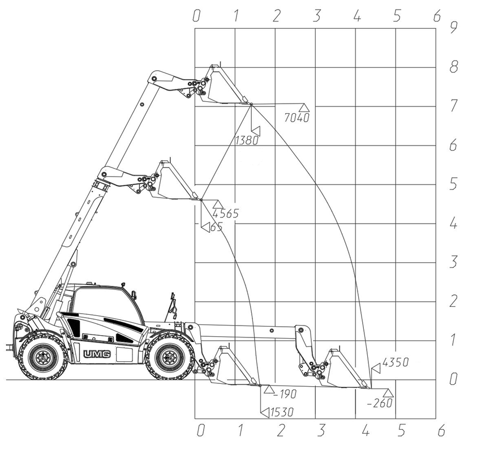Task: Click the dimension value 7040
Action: (x=296, y=118)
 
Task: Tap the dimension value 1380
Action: (x=247, y=140)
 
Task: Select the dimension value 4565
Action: (x=225, y=213)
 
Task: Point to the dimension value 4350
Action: (x=395, y=362)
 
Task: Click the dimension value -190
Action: (x=285, y=394)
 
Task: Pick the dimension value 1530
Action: (x=282, y=412)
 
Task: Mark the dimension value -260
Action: (x=379, y=403)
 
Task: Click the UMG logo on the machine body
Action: (x=97, y=354)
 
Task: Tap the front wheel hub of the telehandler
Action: (x=169, y=357)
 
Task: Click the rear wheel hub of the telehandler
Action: (x=42, y=357)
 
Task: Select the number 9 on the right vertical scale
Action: (x=454, y=28)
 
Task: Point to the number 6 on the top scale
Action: (x=437, y=16)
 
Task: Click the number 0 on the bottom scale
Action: (x=201, y=431)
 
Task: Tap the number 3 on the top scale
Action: (x=317, y=16)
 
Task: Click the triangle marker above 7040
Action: (x=303, y=108)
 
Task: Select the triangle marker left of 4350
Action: (x=377, y=369)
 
